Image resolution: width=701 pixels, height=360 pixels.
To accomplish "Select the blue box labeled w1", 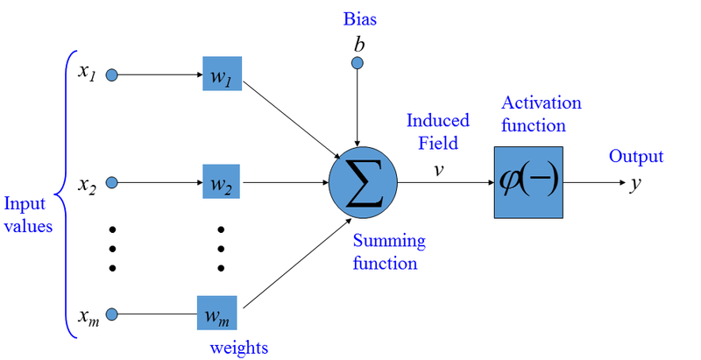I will click(221, 75).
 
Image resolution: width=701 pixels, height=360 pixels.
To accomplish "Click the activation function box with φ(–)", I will click(528, 183).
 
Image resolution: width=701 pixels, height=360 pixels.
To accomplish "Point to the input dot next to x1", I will click(111, 75).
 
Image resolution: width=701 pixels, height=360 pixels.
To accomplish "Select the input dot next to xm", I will click(111, 313).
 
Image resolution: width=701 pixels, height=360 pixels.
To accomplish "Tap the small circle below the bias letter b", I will click(357, 63).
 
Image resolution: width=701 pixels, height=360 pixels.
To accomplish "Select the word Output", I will click(636, 157).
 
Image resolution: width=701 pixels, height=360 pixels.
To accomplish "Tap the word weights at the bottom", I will click(238, 347).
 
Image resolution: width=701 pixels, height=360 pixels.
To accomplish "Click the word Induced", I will click(437, 120).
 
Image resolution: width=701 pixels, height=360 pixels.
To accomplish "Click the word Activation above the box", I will click(542, 102).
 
